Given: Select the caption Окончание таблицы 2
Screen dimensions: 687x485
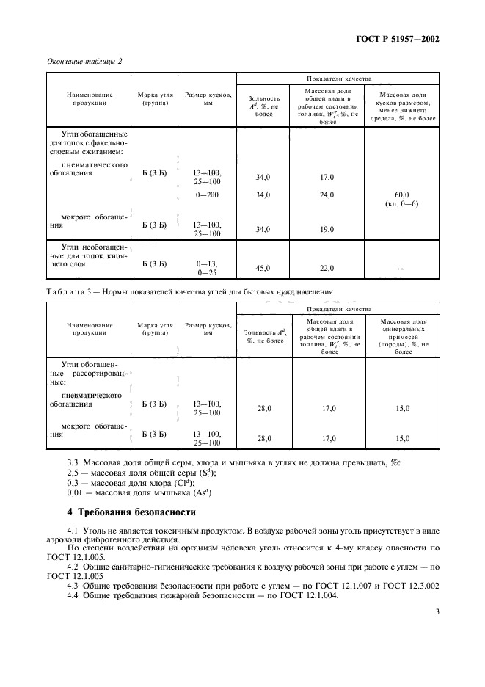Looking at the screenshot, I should click(x=84, y=61).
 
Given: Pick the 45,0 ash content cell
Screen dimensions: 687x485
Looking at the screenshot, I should click(x=262, y=269).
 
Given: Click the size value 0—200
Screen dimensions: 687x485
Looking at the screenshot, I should click(x=207, y=195).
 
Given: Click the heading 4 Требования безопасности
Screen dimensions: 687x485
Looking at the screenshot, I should click(x=132, y=512).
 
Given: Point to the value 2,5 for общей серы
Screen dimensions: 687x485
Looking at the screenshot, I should click(x=73, y=474).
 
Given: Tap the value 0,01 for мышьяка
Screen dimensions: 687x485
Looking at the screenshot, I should click(x=76, y=495).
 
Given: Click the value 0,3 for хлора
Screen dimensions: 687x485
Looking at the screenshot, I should click(x=73, y=484).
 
